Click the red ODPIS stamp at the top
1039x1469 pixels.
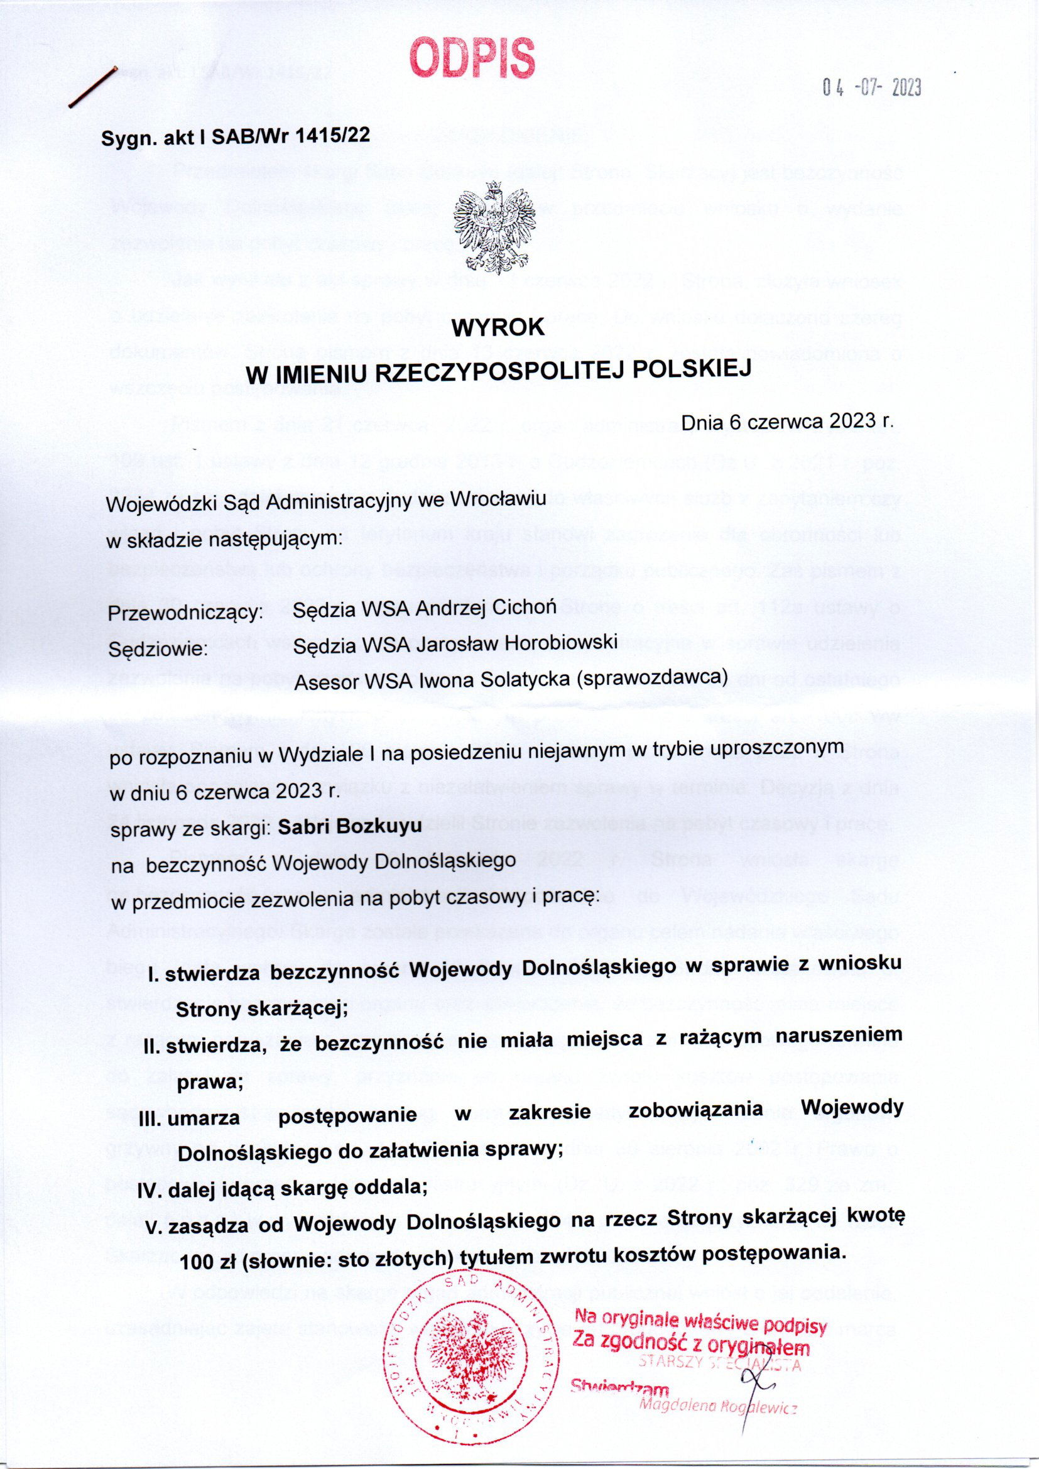pyautogui.click(x=472, y=57)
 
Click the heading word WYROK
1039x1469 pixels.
pyautogui.click(x=498, y=327)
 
